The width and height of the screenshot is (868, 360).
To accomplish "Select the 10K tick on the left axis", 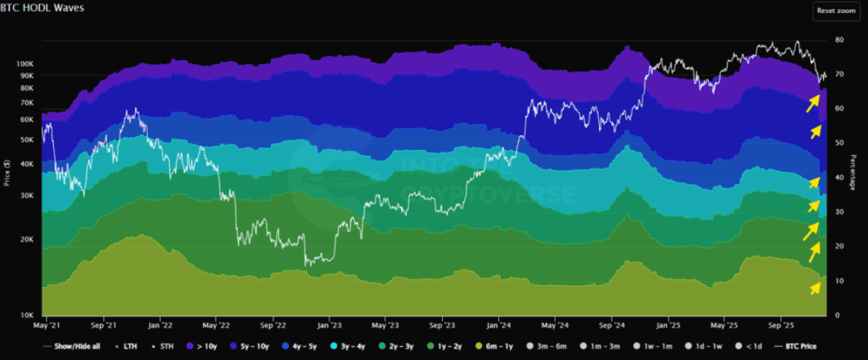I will [x=27, y=315].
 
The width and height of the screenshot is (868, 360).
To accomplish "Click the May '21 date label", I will [x=47, y=327].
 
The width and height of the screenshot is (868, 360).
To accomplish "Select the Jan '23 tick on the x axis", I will [x=329, y=327].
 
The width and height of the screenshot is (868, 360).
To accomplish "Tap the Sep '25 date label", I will [x=782, y=327].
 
